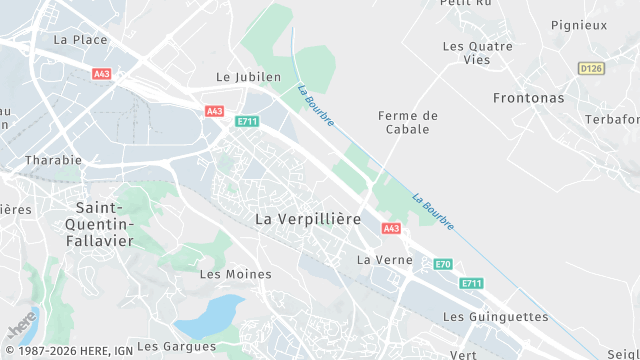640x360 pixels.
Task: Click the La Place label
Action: [x=80, y=40]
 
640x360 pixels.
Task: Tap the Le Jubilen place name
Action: [x=249, y=77]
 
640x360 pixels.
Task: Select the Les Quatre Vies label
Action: [x=477, y=53]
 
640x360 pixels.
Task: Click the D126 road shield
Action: [x=591, y=68]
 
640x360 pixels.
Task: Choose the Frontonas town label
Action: [x=528, y=98]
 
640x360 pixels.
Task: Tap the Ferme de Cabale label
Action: [x=408, y=122]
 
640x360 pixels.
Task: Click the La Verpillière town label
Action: [x=307, y=218]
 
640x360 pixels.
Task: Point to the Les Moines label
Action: [x=222, y=273]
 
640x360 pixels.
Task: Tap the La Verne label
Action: [x=378, y=260]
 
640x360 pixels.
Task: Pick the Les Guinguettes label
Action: [x=495, y=317]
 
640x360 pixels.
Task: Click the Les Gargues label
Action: [x=176, y=346]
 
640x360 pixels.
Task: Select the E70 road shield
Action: [x=443, y=264]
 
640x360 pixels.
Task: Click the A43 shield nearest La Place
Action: [x=101, y=74]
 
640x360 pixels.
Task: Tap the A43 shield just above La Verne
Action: [x=391, y=229]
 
